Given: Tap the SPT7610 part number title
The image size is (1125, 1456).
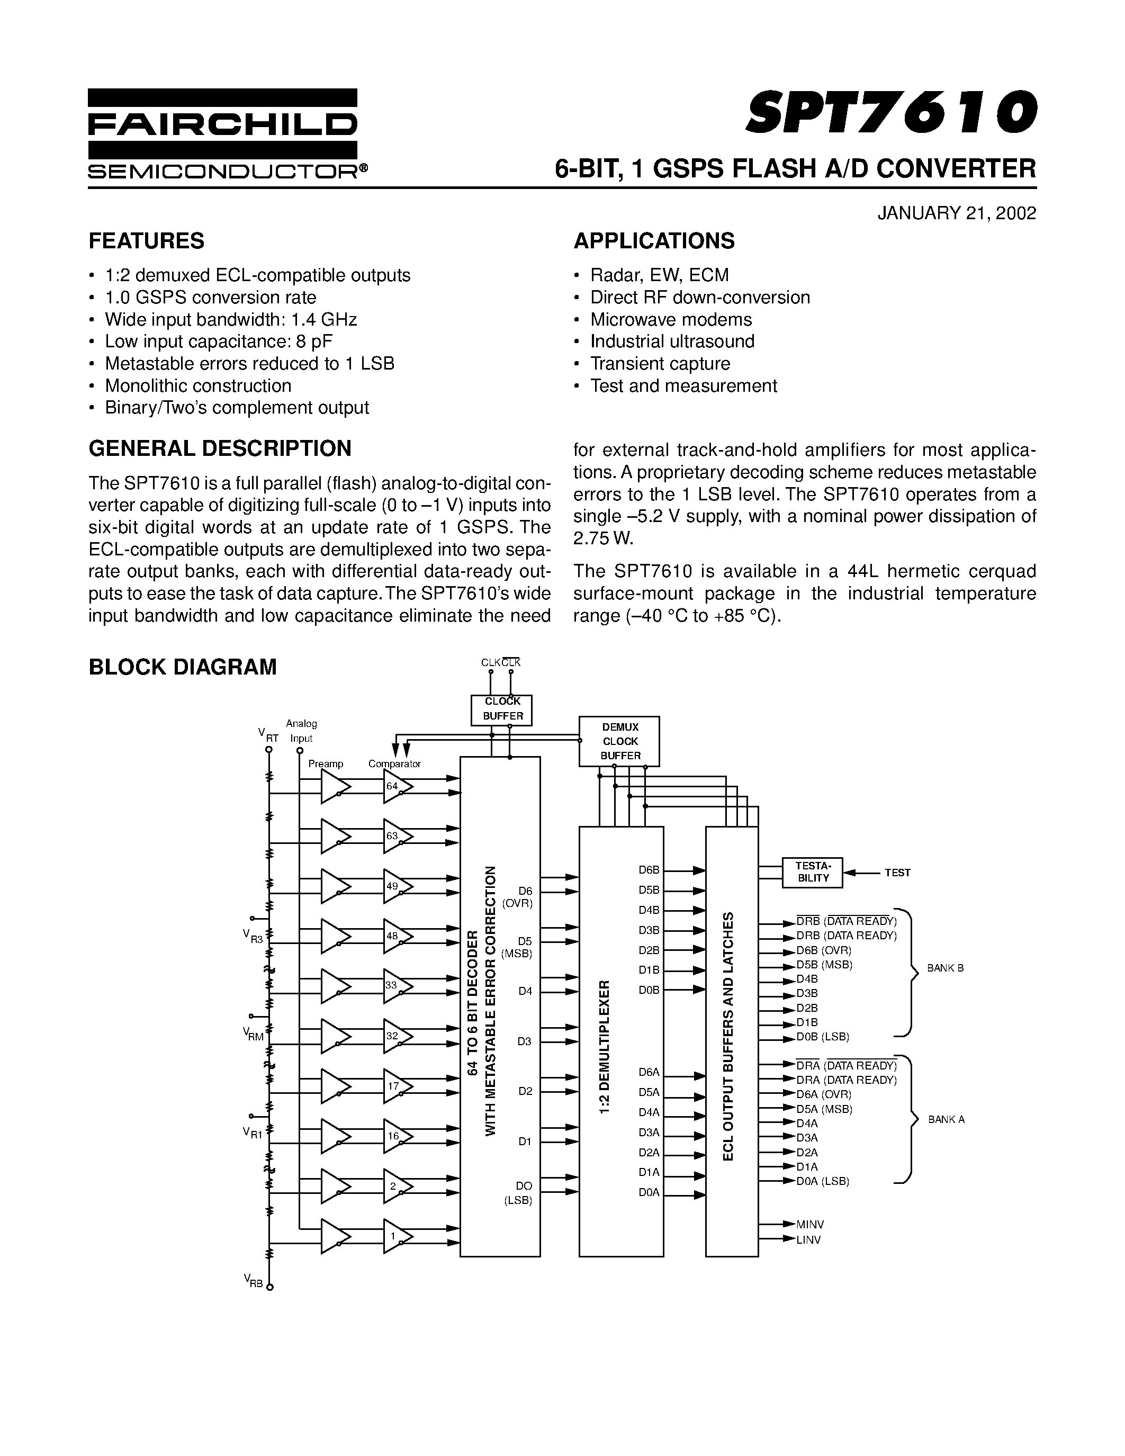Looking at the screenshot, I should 890,111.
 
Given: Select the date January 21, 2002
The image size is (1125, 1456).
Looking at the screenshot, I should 957,213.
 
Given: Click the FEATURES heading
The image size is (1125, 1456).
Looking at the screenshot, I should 147,241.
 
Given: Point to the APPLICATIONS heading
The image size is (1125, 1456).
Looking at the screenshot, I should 654,241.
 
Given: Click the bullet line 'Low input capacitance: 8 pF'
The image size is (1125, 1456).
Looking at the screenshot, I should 218,341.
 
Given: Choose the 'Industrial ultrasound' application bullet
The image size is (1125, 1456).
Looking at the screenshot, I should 672,341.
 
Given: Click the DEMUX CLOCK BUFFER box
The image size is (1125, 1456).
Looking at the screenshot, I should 619,741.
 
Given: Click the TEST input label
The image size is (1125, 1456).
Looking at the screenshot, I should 897,873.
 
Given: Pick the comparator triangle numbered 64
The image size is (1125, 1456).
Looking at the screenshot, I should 397,787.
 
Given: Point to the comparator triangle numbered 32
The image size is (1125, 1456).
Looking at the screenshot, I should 397,1036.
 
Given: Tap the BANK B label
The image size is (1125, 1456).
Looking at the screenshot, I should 945,968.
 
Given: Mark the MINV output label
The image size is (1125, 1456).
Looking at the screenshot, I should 810,1225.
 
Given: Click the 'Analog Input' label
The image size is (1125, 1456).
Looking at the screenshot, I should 301,731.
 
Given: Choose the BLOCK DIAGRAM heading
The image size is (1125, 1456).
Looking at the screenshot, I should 183,667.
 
